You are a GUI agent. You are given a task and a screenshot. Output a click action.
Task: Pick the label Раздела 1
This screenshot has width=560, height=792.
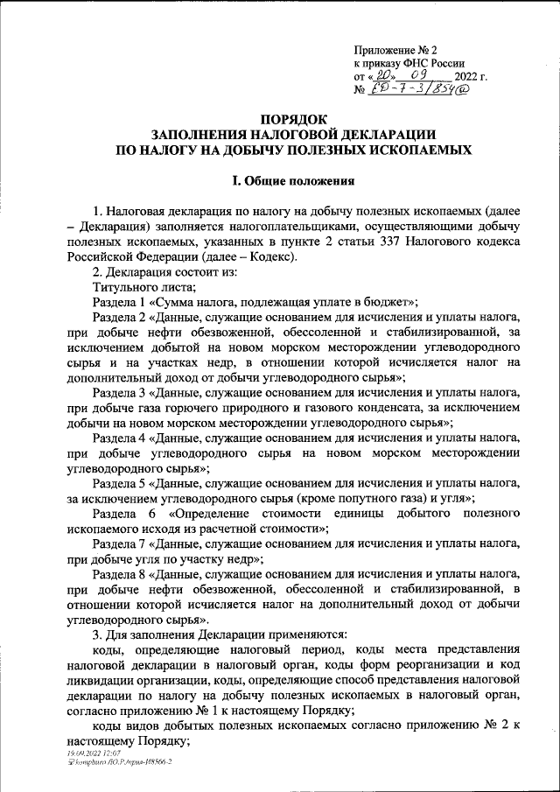click(x=121, y=301)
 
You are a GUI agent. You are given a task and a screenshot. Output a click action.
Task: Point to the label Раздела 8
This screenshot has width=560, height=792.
click(x=121, y=573)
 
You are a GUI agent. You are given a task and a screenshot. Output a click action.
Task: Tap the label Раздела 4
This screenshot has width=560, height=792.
click(x=121, y=438)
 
